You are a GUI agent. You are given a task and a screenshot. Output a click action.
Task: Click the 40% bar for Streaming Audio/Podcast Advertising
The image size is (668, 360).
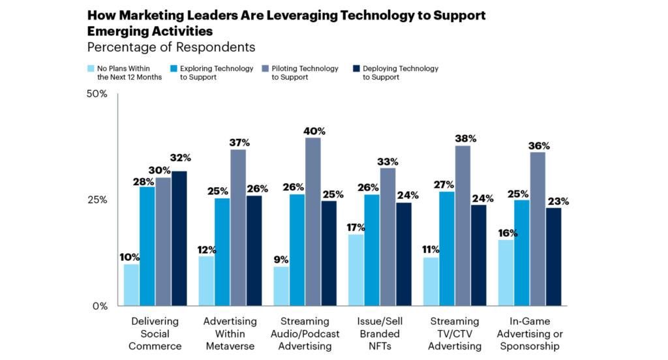coord(312,222)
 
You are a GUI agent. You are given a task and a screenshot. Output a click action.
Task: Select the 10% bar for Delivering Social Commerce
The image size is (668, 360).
coord(132,285)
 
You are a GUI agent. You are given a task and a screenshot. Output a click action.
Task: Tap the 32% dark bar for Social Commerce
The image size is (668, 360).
coord(179,238)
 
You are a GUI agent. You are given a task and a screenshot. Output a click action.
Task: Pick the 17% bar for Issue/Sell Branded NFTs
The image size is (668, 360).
coord(356,270)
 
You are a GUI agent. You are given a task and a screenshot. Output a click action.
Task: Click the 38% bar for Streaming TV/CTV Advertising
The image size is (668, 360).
coord(463,226)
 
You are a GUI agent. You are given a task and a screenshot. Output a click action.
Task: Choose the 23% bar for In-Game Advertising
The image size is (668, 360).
coord(553,257)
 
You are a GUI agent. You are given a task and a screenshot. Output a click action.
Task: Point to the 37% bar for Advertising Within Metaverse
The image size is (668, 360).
coord(238,228)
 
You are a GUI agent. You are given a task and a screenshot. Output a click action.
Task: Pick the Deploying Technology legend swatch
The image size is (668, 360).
coord(357,68)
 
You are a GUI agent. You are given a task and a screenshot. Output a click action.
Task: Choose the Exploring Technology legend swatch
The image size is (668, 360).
coord(173,68)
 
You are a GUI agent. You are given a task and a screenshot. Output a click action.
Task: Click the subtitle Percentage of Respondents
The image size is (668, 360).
coord(171,48)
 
